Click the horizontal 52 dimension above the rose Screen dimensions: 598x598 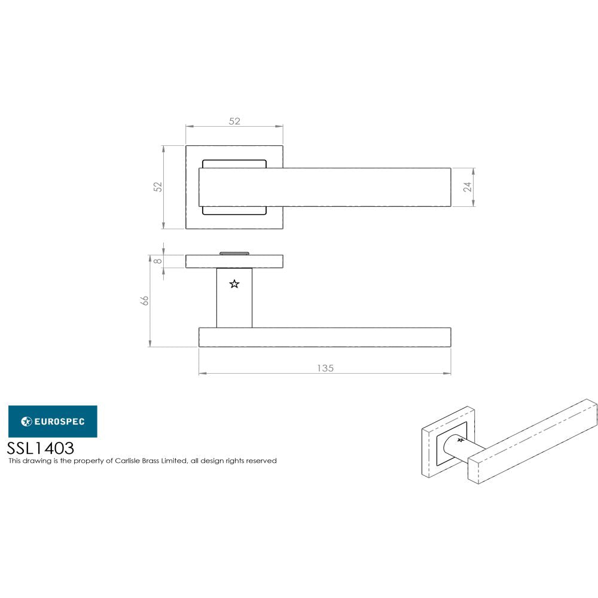[x=234, y=121]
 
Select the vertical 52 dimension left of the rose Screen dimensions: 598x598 [x=158, y=187]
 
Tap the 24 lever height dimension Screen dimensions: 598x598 [x=468, y=187]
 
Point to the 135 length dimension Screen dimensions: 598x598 [x=325, y=368]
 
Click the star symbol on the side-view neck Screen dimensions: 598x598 [x=234, y=284]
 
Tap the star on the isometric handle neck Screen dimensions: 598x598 [x=460, y=440]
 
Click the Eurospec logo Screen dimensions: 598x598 [x=53, y=422]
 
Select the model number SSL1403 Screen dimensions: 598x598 [x=41, y=448]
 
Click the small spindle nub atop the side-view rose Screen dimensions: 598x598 [x=234, y=253]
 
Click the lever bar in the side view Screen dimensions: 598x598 [x=325, y=337]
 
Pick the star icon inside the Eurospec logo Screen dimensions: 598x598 [x=26, y=422]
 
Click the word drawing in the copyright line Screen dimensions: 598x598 [x=35, y=461]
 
